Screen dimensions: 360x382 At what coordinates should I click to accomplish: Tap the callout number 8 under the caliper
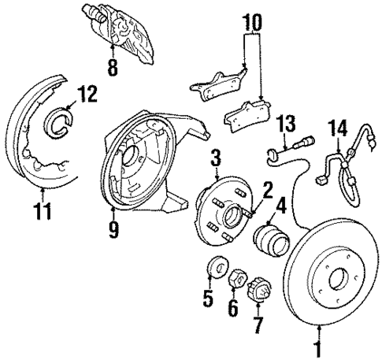113,69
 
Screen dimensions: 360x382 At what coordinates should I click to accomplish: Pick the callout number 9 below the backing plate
116,228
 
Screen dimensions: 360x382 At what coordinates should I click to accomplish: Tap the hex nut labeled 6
234,279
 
